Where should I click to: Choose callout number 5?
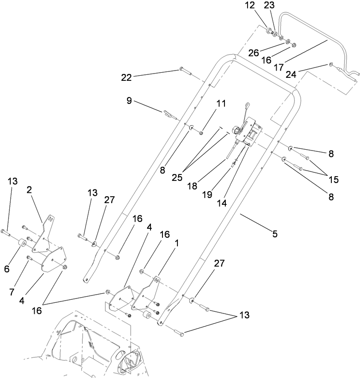275,234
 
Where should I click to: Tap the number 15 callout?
333,180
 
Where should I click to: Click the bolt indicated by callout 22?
183,69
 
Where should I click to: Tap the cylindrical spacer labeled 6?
21,245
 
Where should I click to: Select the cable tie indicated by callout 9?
168,113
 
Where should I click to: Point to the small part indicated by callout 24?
330,65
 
